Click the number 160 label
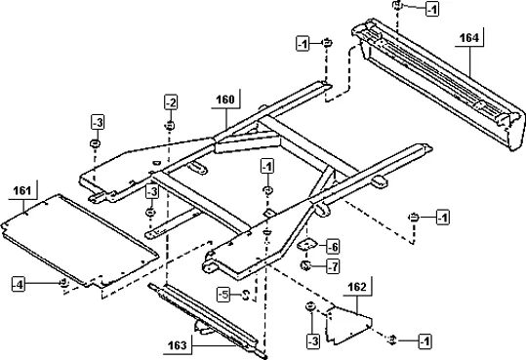pyautogui.click(x=224, y=99)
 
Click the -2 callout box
pyautogui.click(x=171, y=102)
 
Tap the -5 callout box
pyautogui.click(x=223, y=294)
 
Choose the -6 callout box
pyautogui.click(x=332, y=246)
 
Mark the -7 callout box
pyautogui.click(x=332, y=265)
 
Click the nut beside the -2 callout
pyautogui.click(x=170, y=125)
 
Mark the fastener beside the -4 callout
pyautogui.click(x=63, y=283)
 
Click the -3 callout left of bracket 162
pyautogui.click(x=311, y=340)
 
